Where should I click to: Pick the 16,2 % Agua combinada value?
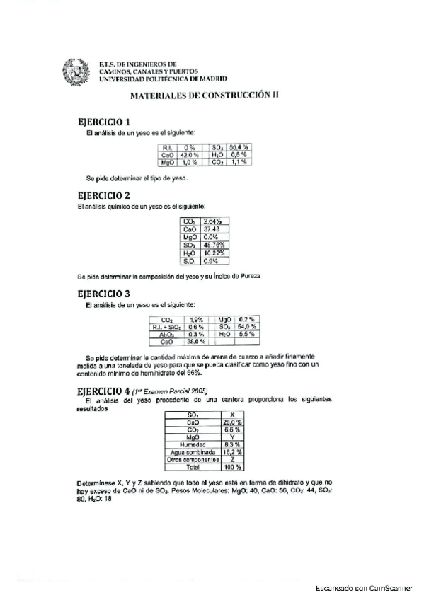tap(233, 452)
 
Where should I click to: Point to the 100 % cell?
tap(233, 468)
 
